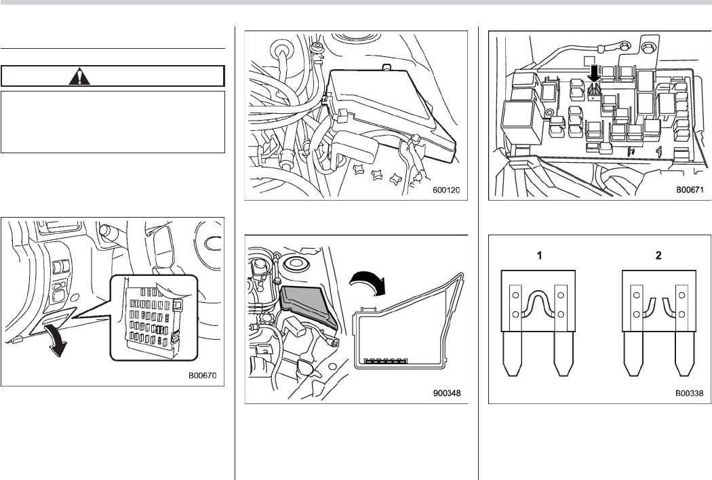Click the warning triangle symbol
click(80, 76)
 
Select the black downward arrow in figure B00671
click(594, 72)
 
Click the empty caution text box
click(113, 122)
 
